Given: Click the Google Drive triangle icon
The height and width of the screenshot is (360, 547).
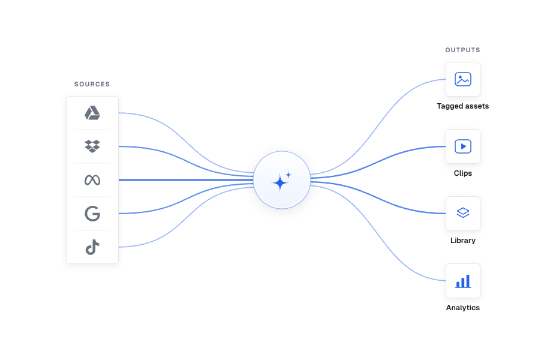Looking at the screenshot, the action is coord(92,113).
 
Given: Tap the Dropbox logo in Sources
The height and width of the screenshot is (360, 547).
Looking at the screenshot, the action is coord(92,146).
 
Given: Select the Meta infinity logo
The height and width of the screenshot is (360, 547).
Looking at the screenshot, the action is coord(92,180).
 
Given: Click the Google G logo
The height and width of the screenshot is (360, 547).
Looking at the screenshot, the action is coord(92,214).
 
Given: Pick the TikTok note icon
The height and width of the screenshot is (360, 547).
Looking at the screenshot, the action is coord(92,247).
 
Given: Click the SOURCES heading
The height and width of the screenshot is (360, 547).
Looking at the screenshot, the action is coord(92,84).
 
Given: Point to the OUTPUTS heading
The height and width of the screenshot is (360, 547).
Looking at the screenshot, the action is coord(462,50).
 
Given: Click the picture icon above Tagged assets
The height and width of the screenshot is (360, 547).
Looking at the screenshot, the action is coord(463,79).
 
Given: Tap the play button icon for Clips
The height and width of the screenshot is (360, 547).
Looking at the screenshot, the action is coord(463,146).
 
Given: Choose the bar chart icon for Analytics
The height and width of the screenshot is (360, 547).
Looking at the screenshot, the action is coord(463,281).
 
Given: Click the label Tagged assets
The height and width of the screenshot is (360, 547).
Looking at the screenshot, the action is coord(462,106).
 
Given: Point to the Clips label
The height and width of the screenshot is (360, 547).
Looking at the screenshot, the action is coord(462,173).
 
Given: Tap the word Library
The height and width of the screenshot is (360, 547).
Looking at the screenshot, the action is coord(462,241).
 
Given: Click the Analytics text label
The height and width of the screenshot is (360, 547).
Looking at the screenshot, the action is coord(462,308).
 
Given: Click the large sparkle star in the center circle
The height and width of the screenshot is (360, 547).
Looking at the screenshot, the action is coord(279,183).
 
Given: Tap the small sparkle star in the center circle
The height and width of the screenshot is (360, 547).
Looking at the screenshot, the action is coord(288,175).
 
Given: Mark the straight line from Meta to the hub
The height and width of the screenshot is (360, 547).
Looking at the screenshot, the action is coord(186,180).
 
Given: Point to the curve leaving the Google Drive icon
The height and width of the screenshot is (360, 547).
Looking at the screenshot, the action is coord(186,143).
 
